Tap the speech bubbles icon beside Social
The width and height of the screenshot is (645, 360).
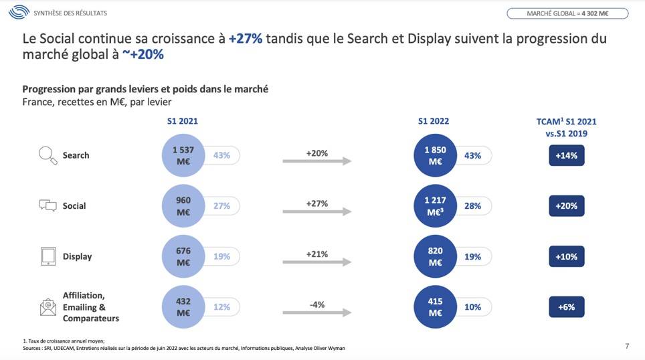point(48,206)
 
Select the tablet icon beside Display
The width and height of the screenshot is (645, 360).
point(48,256)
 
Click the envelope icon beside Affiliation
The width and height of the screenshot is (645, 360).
point(48,307)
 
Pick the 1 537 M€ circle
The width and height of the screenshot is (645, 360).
point(183,155)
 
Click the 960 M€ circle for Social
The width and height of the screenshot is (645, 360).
point(183,206)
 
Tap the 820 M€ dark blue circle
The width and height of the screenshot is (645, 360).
point(435,256)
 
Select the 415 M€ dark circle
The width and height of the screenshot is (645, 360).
point(435,307)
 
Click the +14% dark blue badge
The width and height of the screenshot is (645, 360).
point(566,155)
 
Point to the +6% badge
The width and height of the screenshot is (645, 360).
point(566,307)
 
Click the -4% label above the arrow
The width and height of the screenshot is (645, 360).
point(317,304)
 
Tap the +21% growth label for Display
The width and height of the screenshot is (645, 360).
point(317,254)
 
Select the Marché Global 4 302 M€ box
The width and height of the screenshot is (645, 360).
point(567,13)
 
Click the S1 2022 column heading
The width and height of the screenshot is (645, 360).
point(434,121)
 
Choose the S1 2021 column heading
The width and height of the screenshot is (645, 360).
point(183,121)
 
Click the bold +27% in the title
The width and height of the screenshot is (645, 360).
point(245,38)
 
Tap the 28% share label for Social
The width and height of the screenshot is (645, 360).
point(473,206)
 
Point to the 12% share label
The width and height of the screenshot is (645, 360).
point(221,307)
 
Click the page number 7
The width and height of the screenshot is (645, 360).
point(627,346)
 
